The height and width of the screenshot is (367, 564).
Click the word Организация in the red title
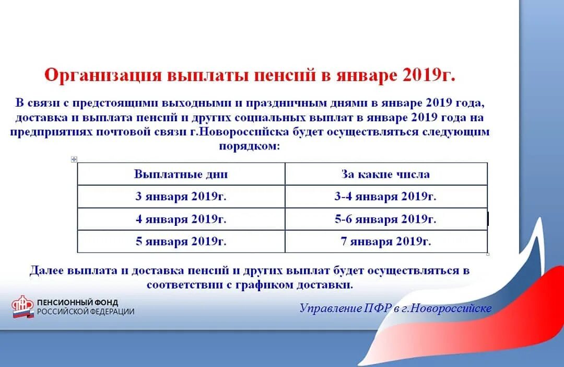[x=102, y=75]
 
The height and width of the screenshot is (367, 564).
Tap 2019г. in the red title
[x=429, y=75]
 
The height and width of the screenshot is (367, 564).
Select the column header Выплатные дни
[x=181, y=174]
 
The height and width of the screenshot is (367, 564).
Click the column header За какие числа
[x=385, y=174]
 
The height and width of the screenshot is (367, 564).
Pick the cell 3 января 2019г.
[x=181, y=197]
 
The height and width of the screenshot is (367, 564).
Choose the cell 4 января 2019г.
[x=181, y=220]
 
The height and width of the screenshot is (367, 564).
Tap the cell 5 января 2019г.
[x=181, y=242]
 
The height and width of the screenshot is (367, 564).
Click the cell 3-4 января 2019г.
[x=385, y=197]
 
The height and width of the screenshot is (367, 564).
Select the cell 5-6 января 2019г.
[x=385, y=220]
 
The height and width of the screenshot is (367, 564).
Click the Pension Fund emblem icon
[x=23, y=307]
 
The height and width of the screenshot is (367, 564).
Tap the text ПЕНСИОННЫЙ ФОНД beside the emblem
[x=77, y=302]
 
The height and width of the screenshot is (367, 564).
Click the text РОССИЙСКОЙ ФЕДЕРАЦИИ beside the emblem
[x=85, y=312]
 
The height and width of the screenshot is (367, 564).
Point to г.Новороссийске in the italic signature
[x=451, y=308]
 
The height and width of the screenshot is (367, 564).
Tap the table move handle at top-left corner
[x=74, y=159]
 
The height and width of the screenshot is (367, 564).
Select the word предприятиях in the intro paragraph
[x=51, y=131]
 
